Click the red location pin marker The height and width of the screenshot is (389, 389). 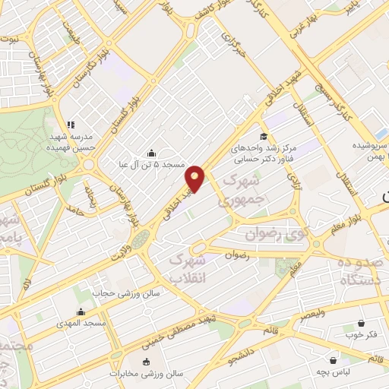(x=195, y=178)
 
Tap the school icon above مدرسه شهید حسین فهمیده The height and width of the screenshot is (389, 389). (x=71, y=125)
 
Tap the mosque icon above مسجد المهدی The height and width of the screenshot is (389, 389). (x=81, y=312)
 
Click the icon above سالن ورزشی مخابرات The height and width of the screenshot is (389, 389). (x=147, y=362)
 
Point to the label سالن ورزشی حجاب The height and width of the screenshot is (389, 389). (x=123, y=292)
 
